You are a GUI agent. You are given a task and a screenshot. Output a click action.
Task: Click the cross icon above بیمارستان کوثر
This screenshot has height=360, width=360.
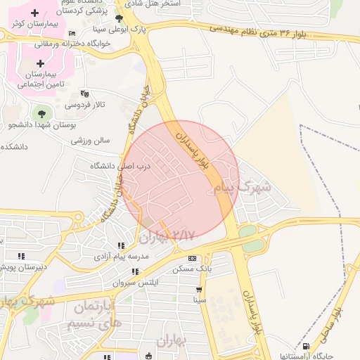point(34,13)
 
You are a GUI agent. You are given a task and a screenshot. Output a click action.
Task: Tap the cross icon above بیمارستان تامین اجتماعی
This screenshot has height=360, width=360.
point(40,63)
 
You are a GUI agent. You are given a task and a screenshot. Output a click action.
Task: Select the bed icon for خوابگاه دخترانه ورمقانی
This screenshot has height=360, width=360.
point(73,34)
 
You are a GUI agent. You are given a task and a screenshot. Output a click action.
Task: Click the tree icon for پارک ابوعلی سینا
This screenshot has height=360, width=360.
point(118,20)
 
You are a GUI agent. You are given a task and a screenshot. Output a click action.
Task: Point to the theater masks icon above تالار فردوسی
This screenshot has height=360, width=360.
point(85,94)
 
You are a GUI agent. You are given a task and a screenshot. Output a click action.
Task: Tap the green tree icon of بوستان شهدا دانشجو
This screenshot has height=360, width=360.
point(41,112)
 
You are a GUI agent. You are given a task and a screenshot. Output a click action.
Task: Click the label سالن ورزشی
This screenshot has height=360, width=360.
point(91,140)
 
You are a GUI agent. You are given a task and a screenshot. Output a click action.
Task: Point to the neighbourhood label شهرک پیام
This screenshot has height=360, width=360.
point(240,188)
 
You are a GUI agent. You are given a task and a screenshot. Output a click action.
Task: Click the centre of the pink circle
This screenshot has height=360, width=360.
point(181,179)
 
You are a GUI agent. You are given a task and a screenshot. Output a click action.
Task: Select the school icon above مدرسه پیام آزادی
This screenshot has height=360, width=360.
point(121,246)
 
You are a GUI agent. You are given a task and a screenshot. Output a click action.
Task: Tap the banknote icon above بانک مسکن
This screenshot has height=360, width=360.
point(192,258)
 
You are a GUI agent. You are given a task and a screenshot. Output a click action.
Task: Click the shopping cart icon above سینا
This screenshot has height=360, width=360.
point(200,289)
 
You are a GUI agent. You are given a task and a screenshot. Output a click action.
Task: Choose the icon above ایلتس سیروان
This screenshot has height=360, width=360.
point(136,271)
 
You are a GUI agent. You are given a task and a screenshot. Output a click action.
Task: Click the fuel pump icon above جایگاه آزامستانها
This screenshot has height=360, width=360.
point(305,346)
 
